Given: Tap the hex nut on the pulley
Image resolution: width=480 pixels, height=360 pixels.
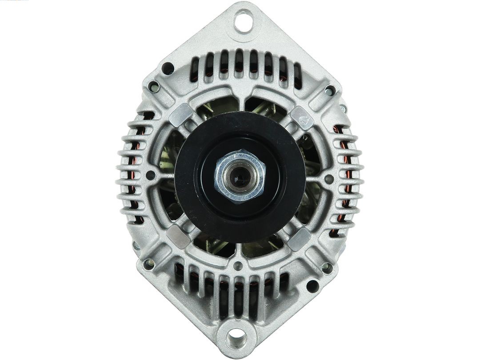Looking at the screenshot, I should coord(240,175).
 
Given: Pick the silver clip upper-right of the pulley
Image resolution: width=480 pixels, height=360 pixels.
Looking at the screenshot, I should coord(302,117).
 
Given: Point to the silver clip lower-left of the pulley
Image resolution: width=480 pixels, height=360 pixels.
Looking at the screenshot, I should coord(178,236).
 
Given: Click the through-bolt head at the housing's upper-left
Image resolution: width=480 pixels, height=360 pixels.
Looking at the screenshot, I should coord(153,86).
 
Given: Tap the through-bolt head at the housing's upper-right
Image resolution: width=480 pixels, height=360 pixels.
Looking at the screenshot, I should coord(330,91).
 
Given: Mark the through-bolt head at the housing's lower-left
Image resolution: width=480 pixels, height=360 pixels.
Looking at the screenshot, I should coord(148,264).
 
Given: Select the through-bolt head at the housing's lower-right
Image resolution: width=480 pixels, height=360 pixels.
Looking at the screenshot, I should coord(327,268).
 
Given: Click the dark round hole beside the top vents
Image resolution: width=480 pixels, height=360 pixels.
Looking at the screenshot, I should coord(168,68).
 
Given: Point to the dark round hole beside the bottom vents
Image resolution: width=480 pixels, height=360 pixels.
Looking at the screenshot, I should coord(312,286).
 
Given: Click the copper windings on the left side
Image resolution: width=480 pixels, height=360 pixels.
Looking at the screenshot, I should coord(133,178).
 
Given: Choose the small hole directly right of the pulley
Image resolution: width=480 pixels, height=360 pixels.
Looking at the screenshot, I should coord(329,179).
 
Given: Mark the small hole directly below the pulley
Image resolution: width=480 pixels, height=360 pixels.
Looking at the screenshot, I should coord(239,266).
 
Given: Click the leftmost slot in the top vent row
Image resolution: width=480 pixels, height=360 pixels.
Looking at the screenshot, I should coord(195,70).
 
